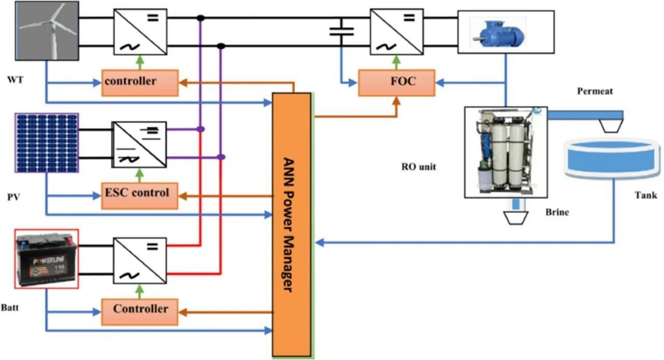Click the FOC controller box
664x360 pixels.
pos(397,83)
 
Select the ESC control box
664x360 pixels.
pos(139,196)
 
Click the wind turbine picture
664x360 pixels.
pos(47,31)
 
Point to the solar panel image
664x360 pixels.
pos(47,143)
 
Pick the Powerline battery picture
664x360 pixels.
pos(46,259)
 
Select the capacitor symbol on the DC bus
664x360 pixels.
pos(341,32)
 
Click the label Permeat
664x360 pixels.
pos(595,91)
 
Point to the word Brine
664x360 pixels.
pos(557,212)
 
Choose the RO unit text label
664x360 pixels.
pos(418,167)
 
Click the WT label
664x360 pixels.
pos(15,80)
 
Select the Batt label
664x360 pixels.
pos(10,308)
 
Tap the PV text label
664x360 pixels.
pos(14,197)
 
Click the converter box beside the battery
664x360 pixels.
pos(140,261)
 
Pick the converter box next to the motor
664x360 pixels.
pos(397,32)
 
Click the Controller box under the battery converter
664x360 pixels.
pos(139,312)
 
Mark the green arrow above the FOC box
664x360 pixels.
pos(396,62)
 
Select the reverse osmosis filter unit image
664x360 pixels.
pos(506,152)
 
